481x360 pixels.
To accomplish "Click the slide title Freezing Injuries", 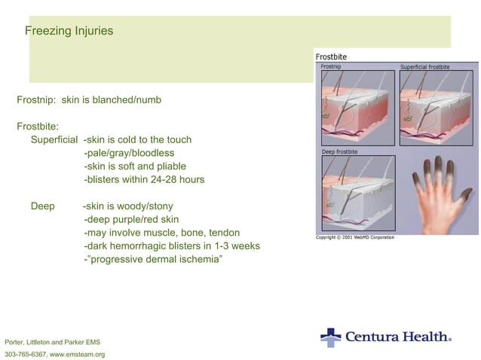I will click(69, 32).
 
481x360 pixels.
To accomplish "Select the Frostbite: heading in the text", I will click(38, 126).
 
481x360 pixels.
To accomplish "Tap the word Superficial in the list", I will click(54, 139).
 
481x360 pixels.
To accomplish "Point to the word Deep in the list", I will click(42, 206).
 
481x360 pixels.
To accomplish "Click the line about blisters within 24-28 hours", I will click(144, 179).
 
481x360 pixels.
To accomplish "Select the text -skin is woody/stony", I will click(127, 206).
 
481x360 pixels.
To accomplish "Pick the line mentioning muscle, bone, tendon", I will click(161, 232).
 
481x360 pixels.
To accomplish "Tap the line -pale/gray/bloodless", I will click(129, 153).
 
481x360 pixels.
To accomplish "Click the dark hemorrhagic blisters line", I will click(171, 246).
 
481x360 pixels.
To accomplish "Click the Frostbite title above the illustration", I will click(331, 56).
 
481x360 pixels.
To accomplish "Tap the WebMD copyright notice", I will click(354, 237).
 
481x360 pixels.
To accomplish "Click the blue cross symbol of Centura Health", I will click(330, 337).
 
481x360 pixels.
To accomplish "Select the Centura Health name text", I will click(397, 337).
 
